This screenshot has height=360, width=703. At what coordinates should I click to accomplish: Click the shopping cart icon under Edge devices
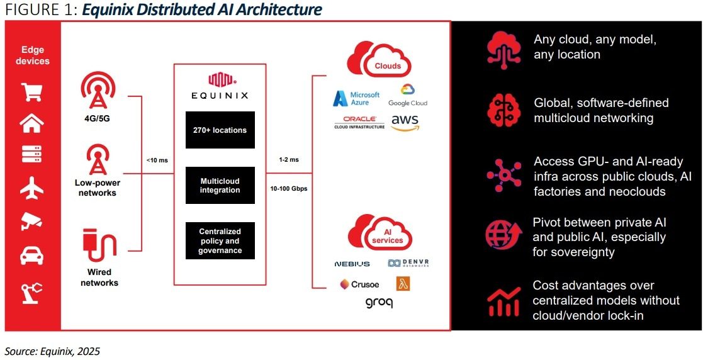(32, 92)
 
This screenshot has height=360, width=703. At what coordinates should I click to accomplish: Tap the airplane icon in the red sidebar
(32, 187)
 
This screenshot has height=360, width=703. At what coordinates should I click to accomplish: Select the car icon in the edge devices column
(32, 255)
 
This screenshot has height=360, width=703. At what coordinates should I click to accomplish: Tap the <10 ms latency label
(157, 160)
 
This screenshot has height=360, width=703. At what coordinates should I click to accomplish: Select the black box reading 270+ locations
(220, 130)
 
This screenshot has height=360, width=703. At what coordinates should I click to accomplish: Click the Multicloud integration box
(220, 185)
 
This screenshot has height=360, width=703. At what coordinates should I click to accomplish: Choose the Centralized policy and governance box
(220, 241)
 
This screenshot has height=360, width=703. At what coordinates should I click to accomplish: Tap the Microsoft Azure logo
(357, 99)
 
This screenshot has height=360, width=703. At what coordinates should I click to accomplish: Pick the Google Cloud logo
(407, 96)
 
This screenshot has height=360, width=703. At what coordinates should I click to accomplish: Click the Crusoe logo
(359, 284)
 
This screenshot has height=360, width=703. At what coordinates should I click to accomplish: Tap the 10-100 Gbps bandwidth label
(289, 189)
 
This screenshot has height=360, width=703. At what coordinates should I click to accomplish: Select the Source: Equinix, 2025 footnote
(52, 351)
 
